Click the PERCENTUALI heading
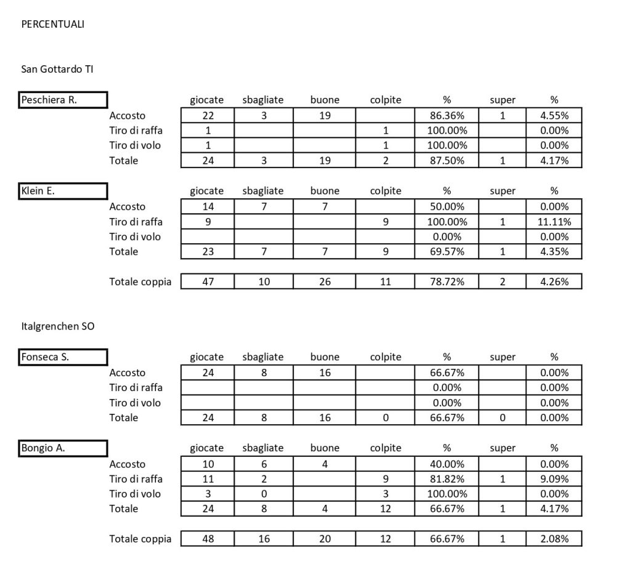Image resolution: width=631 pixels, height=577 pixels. click(x=52, y=25)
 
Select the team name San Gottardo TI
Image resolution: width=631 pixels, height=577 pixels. click(x=57, y=70)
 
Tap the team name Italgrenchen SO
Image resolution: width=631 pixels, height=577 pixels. click(x=58, y=326)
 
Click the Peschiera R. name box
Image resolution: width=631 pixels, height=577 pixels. click(x=63, y=100)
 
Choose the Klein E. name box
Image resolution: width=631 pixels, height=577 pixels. click(x=63, y=191)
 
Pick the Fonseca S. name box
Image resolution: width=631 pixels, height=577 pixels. click(x=63, y=357)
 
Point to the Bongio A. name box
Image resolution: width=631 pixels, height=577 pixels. click(x=63, y=448)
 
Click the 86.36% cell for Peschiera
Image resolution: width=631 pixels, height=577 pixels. click(x=447, y=115)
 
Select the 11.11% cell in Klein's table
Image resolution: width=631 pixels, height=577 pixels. click(x=554, y=222)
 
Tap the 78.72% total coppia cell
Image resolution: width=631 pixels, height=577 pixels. click(x=447, y=281)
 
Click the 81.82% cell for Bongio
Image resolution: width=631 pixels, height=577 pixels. click(x=447, y=479)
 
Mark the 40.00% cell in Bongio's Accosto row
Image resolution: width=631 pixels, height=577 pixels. click(x=447, y=464)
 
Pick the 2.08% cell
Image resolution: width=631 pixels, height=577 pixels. click(x=554, y=539)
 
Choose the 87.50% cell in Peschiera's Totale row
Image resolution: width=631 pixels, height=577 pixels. click(x=447, y=161)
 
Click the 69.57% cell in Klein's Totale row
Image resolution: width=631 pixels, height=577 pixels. click(x=447, y=251)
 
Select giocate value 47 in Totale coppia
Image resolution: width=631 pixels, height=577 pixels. click(x=207, y=281)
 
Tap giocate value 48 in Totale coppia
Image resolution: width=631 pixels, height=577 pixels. click(x=207, y=539)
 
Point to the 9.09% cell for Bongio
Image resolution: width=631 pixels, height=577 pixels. click(x=554, y=479)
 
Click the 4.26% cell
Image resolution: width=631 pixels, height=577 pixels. click(x=554, y=281)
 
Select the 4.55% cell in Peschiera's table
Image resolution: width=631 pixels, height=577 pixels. click(x=554, y=115)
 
